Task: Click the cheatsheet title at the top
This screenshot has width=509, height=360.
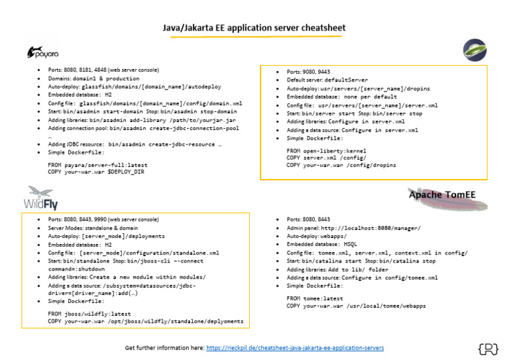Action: (254, 28)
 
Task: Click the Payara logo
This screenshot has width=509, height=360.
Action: (42, 52)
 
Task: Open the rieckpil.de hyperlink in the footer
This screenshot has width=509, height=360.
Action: (294, 347)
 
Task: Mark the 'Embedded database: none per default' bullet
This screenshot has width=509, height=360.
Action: (341, 97)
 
